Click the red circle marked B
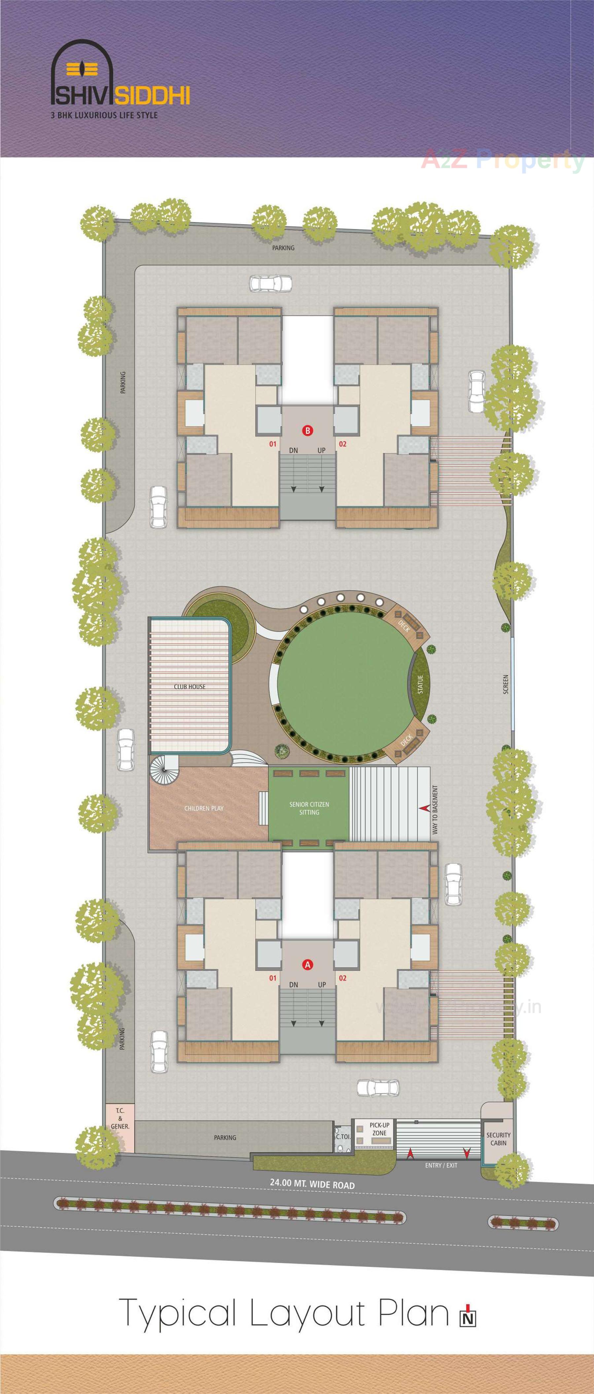tap(307, 431)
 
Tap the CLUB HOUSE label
tap(190, 687)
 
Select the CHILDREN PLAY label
tap(204, 808)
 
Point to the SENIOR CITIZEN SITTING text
tap(309, 808)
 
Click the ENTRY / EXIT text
tap(441, 1165)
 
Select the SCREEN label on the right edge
tap(506, 685)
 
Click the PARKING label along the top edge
tap(283, 248)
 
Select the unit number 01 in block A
tap(273, 978)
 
